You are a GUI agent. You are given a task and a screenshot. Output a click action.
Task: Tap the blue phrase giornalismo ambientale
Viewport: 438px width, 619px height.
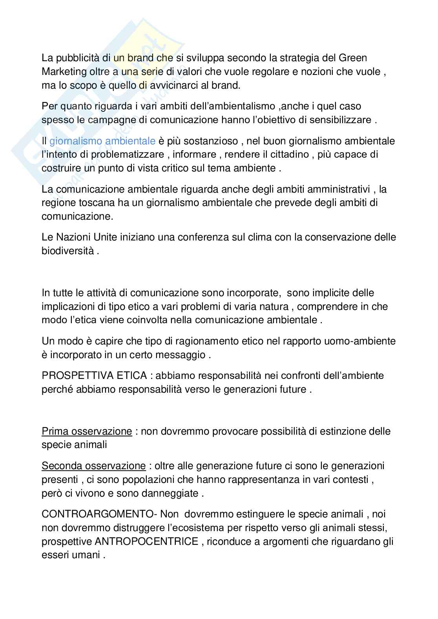point(102,140)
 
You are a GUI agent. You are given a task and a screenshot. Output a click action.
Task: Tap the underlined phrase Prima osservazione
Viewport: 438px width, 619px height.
point(87,431)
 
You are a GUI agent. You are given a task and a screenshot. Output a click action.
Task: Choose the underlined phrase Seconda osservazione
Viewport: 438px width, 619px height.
point(94,466)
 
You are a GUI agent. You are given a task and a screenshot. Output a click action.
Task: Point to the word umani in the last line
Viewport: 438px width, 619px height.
point(85,555)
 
